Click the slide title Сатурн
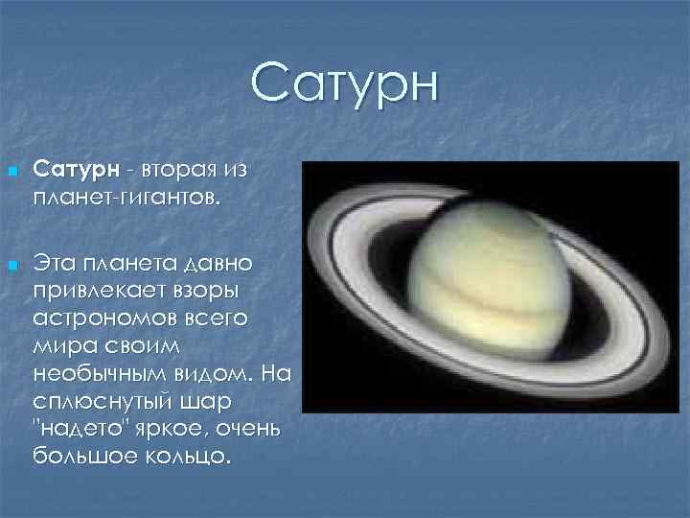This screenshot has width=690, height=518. point(345,84)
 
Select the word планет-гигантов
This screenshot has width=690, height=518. point(126,200)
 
